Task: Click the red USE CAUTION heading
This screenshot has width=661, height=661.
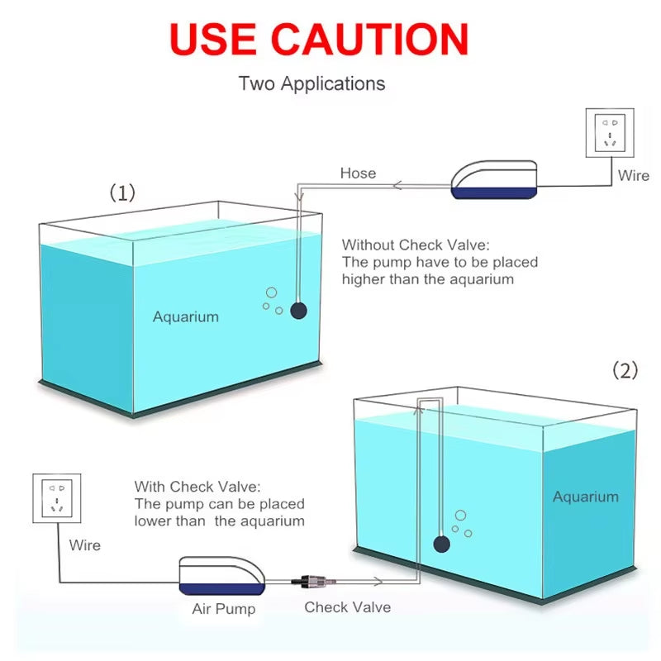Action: point(319,39)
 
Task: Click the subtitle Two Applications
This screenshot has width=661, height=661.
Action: point(311,83)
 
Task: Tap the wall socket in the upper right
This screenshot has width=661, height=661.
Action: point(610,131)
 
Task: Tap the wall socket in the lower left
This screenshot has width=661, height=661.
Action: point(56,497)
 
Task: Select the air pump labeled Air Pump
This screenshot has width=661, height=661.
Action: point(222,577)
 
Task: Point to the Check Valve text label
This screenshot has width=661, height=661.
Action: point(347,607)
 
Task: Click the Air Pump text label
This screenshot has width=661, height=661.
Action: point(223,609)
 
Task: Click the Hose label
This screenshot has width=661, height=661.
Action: point(358,174)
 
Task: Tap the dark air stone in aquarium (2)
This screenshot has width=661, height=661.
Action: point(441,543)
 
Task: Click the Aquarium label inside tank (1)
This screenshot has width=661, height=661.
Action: point(186,316)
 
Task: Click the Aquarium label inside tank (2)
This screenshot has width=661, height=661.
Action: point(585,497)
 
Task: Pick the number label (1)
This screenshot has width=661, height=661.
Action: point(122,193)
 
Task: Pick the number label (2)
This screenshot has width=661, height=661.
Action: point(625,371)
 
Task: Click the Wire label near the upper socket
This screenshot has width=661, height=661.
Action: point(634,175)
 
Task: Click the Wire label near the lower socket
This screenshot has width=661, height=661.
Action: point(84,545)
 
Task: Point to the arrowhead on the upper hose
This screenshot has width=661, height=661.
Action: point(397,185)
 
